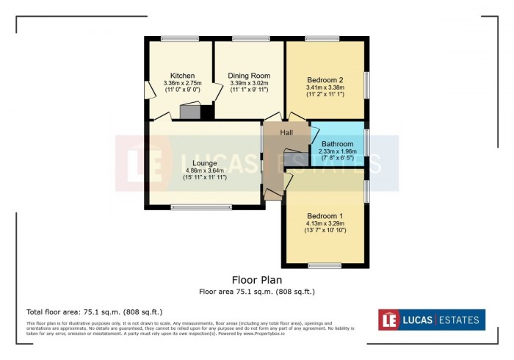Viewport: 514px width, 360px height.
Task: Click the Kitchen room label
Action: [x=181, y=76]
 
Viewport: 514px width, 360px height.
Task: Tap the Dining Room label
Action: [x=249, y=76]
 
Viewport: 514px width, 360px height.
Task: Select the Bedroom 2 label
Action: [x=325, y=79]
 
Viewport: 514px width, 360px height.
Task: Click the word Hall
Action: [x=286, y=132]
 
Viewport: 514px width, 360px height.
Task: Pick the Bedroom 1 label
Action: [x=325, y=215]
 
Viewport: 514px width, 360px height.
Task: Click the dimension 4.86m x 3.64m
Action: [x=205, y=170]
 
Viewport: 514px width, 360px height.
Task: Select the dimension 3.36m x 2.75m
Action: [x=181, y=84]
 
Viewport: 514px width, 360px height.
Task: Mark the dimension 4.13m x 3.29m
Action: [x=325, y=223]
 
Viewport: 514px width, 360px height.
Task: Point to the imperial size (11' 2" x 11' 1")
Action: [x=325, y=95]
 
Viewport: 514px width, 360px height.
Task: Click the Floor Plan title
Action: [x=257, y=280]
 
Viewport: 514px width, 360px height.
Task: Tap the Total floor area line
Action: [x=94, y=312]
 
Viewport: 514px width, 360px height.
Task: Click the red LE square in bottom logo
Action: [x=389, y=320]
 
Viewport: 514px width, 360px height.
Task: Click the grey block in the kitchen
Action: [x=190, y=112]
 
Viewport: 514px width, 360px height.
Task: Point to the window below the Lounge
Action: [x=200, y=207]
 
